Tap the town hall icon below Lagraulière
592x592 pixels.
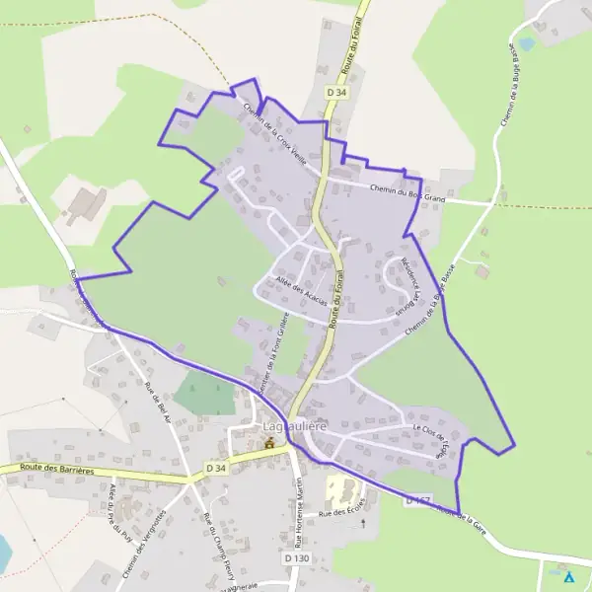pos(267,444)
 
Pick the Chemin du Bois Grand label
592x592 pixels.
pos(407,193)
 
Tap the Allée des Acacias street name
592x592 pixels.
pos(301,290)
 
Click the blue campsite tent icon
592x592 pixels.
pos(568,576)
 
